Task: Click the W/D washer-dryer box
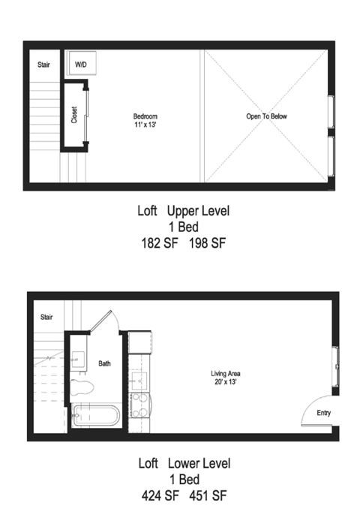82,63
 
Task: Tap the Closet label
74,115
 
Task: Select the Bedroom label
145,116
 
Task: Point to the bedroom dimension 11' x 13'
145,125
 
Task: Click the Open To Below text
266,116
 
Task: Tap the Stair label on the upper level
43,65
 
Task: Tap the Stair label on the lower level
46,317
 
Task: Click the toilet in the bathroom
81,387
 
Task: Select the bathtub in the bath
96,415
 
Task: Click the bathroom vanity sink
79,360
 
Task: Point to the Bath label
104,363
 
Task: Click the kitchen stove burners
140,405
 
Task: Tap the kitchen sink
139,381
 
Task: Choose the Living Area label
226,374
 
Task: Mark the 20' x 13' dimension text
226,381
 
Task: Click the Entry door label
323,413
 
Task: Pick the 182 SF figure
160,243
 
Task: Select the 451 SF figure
208,495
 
